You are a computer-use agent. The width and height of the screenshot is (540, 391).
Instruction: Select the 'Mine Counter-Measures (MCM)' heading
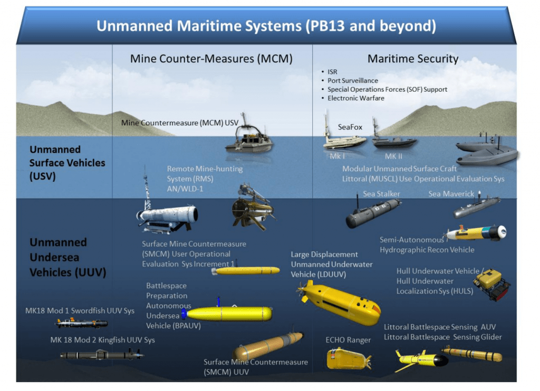tap(211, 59)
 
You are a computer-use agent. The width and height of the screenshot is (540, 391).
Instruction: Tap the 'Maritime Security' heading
tap(413, 59)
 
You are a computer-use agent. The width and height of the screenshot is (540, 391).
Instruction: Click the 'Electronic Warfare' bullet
tap(356, 98)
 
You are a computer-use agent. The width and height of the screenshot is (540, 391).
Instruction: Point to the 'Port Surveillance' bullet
tap(353, 81)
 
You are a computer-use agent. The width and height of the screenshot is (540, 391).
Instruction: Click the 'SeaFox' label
tap(350, 128)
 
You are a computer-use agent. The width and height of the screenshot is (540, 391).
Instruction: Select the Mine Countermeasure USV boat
tap(250, 141)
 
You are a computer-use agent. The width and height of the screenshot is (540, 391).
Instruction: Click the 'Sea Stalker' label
tap(381, 194)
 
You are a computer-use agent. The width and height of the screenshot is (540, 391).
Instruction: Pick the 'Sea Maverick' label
tap(451, 194)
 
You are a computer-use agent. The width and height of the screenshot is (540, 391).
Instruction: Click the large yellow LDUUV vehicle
tap(340, 301)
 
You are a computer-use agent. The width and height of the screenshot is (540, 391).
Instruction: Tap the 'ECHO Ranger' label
tap(348, 340)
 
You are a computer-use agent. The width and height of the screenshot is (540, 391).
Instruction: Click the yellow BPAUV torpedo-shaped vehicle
tap(229, 314)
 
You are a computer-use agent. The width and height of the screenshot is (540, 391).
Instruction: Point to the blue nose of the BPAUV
tap(184, 314)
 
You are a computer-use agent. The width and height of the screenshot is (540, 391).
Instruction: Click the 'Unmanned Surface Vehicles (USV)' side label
tap(67, 163)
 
